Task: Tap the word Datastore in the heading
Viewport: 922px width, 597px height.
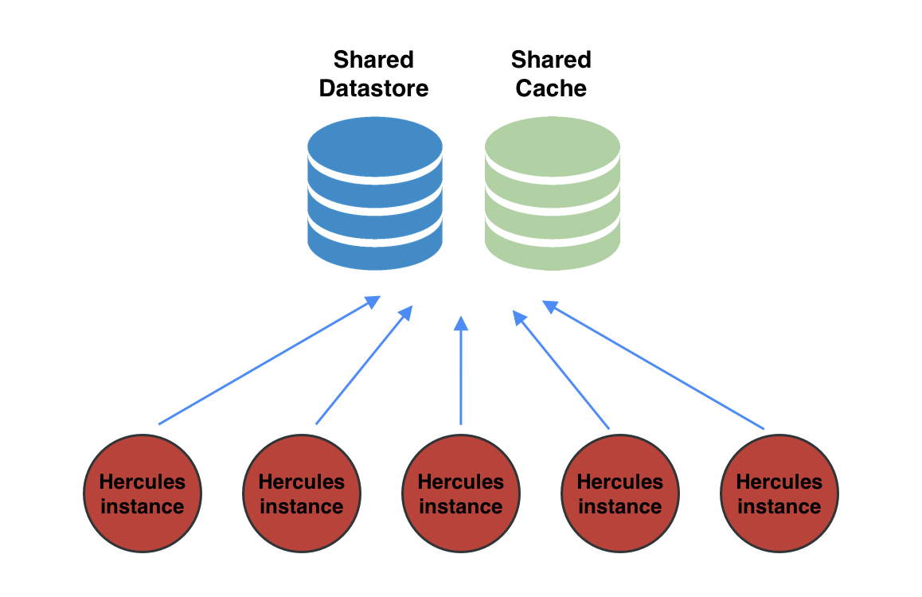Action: pos(373,88)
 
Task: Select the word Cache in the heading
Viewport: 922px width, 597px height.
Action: pos(551,88)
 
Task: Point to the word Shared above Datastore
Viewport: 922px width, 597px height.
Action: pos(373,60)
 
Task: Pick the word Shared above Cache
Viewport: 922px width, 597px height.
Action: pos(551,60)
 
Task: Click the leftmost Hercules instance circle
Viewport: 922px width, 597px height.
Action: pos(143,494)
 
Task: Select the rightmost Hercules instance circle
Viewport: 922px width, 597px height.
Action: pos(779,494)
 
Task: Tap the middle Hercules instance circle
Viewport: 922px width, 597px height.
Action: pos(461,494)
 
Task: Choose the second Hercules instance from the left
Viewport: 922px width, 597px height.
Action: pos(302,494)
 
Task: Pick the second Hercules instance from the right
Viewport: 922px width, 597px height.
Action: pos(620,494)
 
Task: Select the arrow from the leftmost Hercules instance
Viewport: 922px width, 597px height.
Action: pos(267,361)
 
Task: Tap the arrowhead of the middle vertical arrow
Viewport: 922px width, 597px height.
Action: pos(461,323)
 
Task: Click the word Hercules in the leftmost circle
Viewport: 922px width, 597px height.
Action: pos(142,482)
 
